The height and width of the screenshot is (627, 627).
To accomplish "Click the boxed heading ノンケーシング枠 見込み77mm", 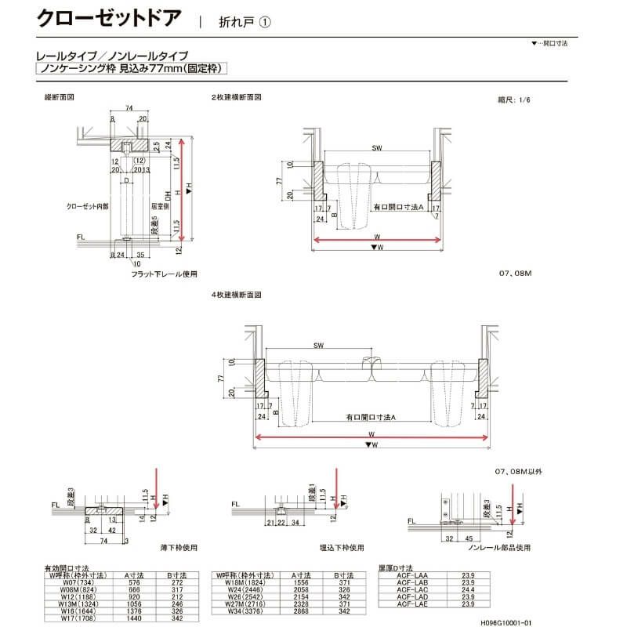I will tap(132, 70).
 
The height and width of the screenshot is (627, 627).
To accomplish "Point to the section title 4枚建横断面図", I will tap(236, 295).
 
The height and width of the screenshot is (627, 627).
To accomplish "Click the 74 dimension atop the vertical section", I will tap(129, 109).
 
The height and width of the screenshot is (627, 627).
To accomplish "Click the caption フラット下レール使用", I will tap(165, 274).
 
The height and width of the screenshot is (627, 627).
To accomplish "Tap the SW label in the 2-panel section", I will tap(377, 147).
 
